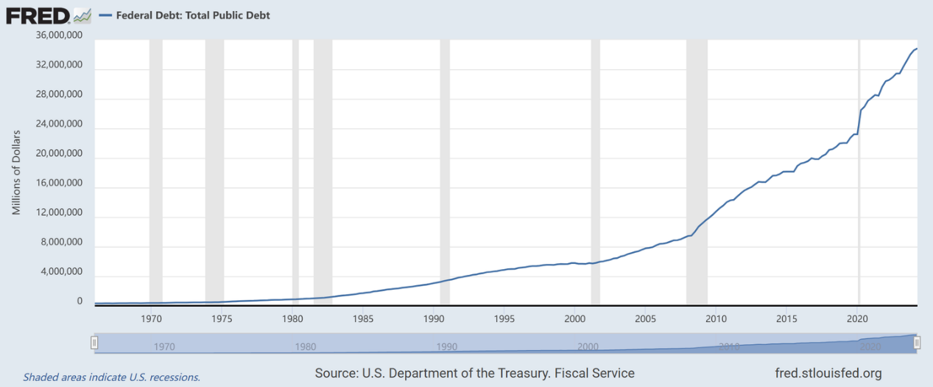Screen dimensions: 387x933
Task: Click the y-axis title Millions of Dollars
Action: [16, 171]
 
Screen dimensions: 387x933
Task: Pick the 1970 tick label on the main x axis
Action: [152, 318]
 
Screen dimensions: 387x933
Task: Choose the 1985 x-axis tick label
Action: [363, 318]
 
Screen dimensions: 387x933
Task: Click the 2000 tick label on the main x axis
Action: [574, 318]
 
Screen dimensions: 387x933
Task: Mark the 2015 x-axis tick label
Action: [786, 318]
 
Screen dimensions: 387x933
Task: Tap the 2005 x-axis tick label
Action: [645, 318]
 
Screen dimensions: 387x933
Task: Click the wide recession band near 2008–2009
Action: [697, 170]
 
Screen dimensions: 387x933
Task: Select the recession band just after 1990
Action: [445, 170]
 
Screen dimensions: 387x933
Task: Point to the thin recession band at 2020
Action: [859, 170]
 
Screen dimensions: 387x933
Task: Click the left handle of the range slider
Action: [94, 344]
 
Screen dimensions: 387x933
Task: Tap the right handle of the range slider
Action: [918, 344]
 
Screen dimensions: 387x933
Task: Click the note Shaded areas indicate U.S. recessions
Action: [111, 377]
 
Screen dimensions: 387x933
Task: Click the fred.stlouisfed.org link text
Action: [828, 373]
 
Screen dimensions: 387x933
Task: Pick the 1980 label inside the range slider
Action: [306, 346]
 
